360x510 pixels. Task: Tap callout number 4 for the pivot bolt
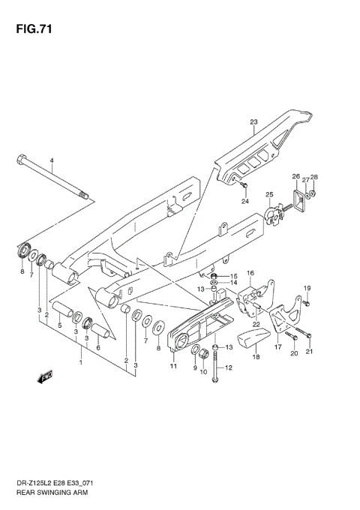[52, 161]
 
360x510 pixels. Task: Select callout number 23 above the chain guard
[253, 122]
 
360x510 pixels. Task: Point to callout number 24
[244, 201]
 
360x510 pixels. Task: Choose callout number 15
[233, 276]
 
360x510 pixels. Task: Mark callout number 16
[250, 273]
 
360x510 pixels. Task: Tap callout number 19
[307, 288]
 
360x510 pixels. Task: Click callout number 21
[309, 352]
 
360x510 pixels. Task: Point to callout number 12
[229, 367]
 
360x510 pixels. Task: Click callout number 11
[173, 366]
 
